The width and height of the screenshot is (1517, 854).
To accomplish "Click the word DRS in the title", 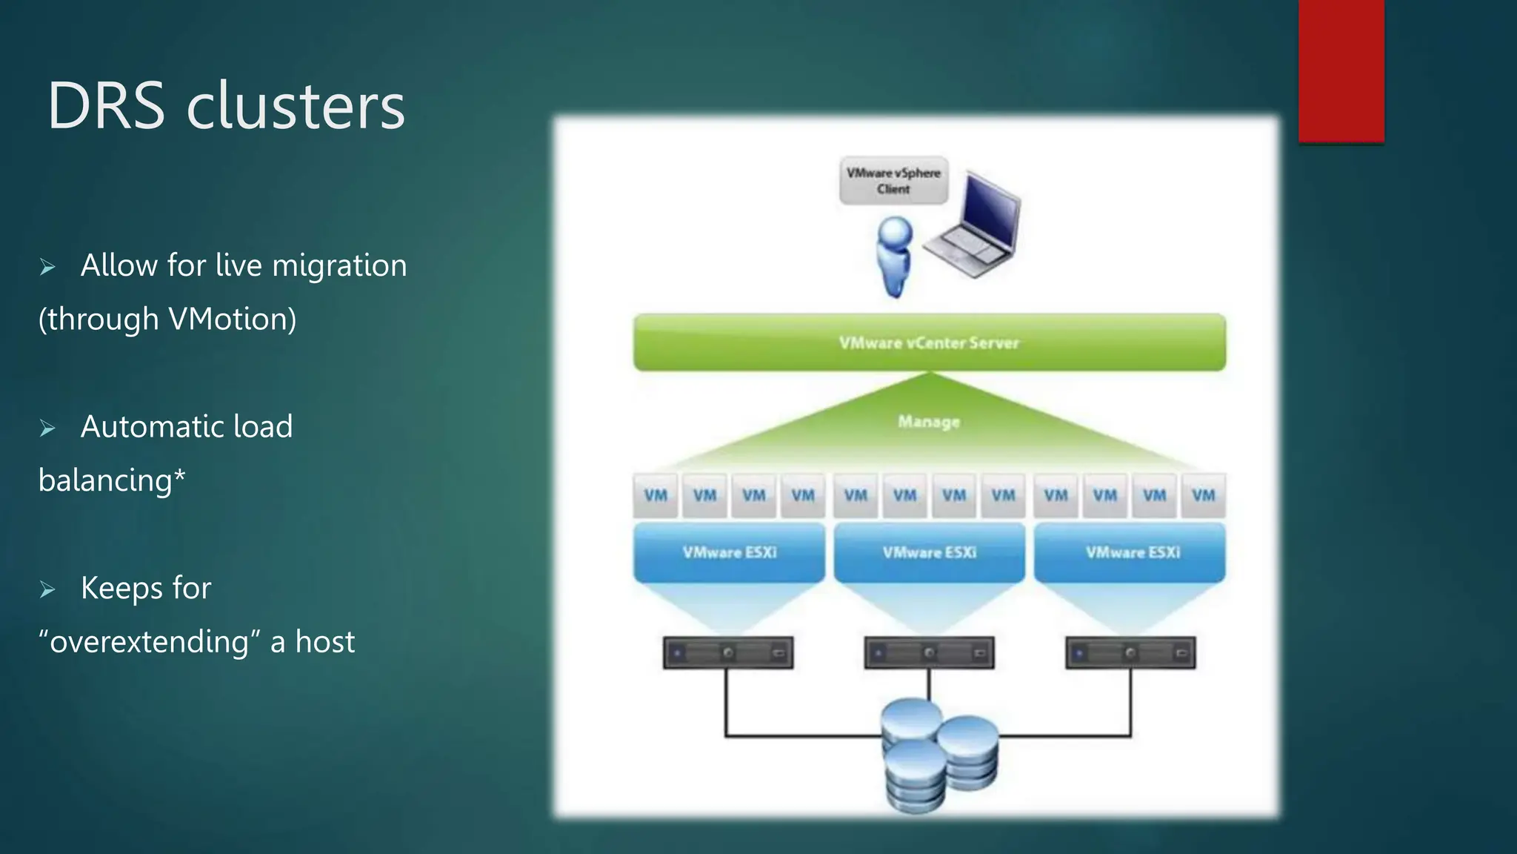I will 106,106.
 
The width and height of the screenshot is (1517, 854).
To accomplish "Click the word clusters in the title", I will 296,106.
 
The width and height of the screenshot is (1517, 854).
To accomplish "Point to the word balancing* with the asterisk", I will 112,480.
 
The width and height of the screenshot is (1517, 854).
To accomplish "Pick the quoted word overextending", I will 149,642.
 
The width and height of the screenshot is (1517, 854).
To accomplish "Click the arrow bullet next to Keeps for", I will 48,590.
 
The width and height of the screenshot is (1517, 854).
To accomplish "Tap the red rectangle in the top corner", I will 1341,70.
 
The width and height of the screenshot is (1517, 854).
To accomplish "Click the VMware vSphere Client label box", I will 893,180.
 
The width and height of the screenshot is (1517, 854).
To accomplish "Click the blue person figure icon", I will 895,256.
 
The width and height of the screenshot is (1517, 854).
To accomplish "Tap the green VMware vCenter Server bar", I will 929,342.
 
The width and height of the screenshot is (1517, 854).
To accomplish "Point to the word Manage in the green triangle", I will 929,422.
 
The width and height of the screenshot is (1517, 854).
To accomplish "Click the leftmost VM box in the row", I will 656,495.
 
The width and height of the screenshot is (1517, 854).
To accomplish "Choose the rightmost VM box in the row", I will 1203,495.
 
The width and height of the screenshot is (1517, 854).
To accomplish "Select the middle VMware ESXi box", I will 929,552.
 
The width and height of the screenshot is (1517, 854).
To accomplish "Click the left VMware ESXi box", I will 729,552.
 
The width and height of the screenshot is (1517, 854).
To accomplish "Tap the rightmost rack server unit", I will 1130,653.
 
